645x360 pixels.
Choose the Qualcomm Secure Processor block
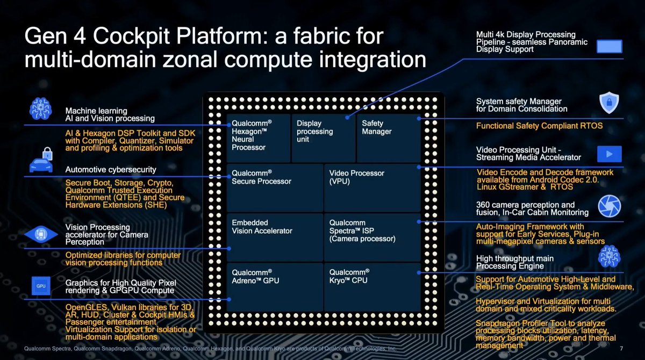(275, 188)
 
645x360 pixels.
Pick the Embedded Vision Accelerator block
(275, 237)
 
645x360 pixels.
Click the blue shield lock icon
(609, 103)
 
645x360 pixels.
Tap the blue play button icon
(609, 154)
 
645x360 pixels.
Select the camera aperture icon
(610, 206)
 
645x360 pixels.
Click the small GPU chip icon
(41, 286)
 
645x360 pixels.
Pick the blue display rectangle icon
(609, 46)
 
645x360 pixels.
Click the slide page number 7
(621, 349)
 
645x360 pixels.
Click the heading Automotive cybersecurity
(111, 170)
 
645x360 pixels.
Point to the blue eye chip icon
(41, 234)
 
